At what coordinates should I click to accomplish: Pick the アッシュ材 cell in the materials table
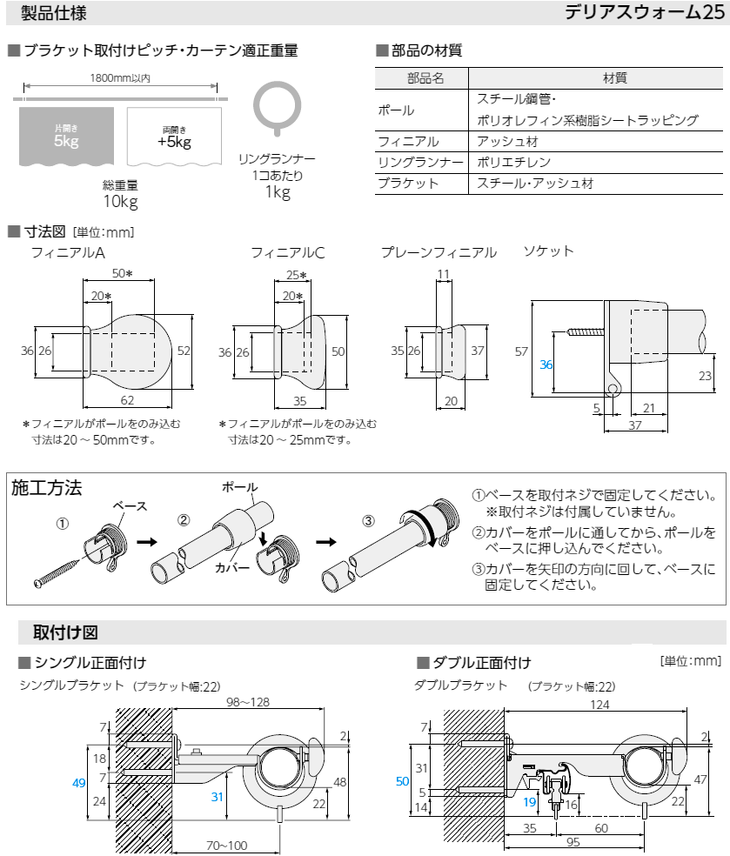pyautogui.click(x=505, y=141)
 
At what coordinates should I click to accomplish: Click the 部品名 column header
pyautogui.click(x=425, y=78)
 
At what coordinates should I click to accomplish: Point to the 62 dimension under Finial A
pyautogui.click(x=128, y=400)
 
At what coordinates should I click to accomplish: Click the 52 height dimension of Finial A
pyautogui.click(x=183, y=351)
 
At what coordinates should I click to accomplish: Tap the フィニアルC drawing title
pyautogui.click(x=287, y=253)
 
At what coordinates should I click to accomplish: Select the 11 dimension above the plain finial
pyautogui.click(x=444, y=274)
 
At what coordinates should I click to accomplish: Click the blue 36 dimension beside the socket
pyautogui.click(x=546, y=364)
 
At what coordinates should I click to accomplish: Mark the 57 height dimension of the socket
pyautogui.click(x=521, y=351)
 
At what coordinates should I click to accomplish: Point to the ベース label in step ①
pyautogui.click(x=129, y=506)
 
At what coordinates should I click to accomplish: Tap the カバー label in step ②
pyautogui.click(x=232, y=567)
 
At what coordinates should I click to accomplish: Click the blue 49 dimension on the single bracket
pyautogui.click(x=78, y=783)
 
